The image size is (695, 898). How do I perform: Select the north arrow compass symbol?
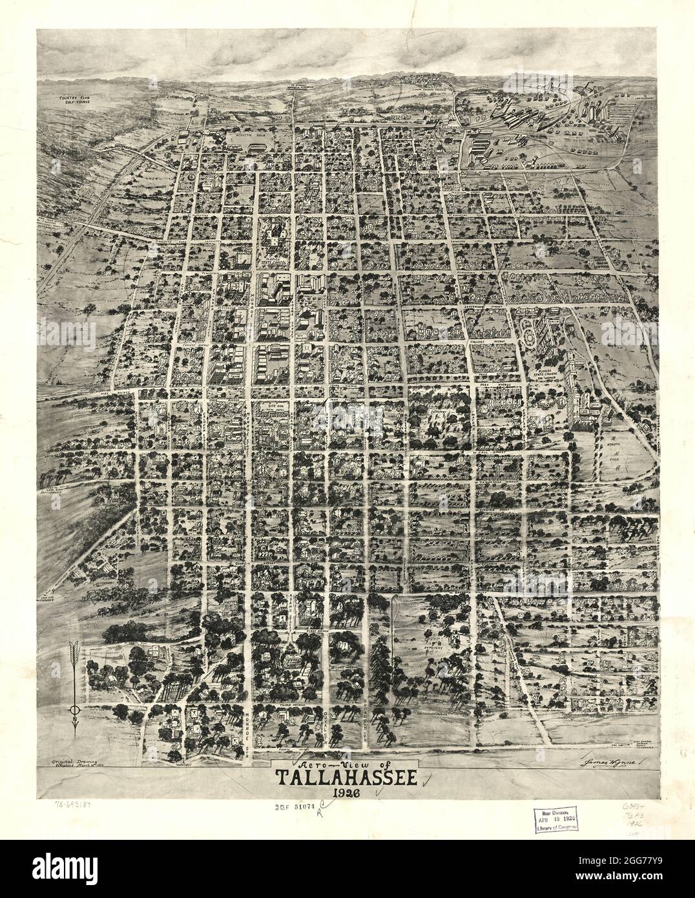click(x=74, y=687)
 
